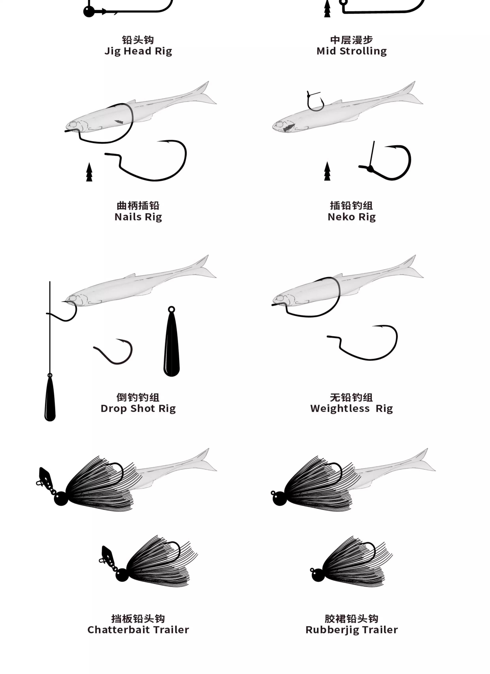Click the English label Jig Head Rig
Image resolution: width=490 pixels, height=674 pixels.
(138, 51)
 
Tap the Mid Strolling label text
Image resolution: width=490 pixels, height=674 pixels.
(352, 51)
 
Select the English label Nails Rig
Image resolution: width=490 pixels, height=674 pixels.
(138, 217)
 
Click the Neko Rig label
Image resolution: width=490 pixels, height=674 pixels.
(352, 217)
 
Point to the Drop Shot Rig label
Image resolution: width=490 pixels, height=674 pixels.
(138, 409)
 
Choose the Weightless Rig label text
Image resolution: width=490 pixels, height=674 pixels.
(352, 409)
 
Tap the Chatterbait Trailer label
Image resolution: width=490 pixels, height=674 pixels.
(138, 630)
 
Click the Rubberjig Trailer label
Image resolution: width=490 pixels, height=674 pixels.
(352, 630)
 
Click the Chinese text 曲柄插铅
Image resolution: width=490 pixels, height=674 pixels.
(138, 206)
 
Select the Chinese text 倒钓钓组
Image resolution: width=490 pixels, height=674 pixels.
(138, 397)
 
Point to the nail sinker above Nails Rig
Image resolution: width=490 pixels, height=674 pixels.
(89, 172)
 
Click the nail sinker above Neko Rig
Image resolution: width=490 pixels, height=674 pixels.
(327, 171)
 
